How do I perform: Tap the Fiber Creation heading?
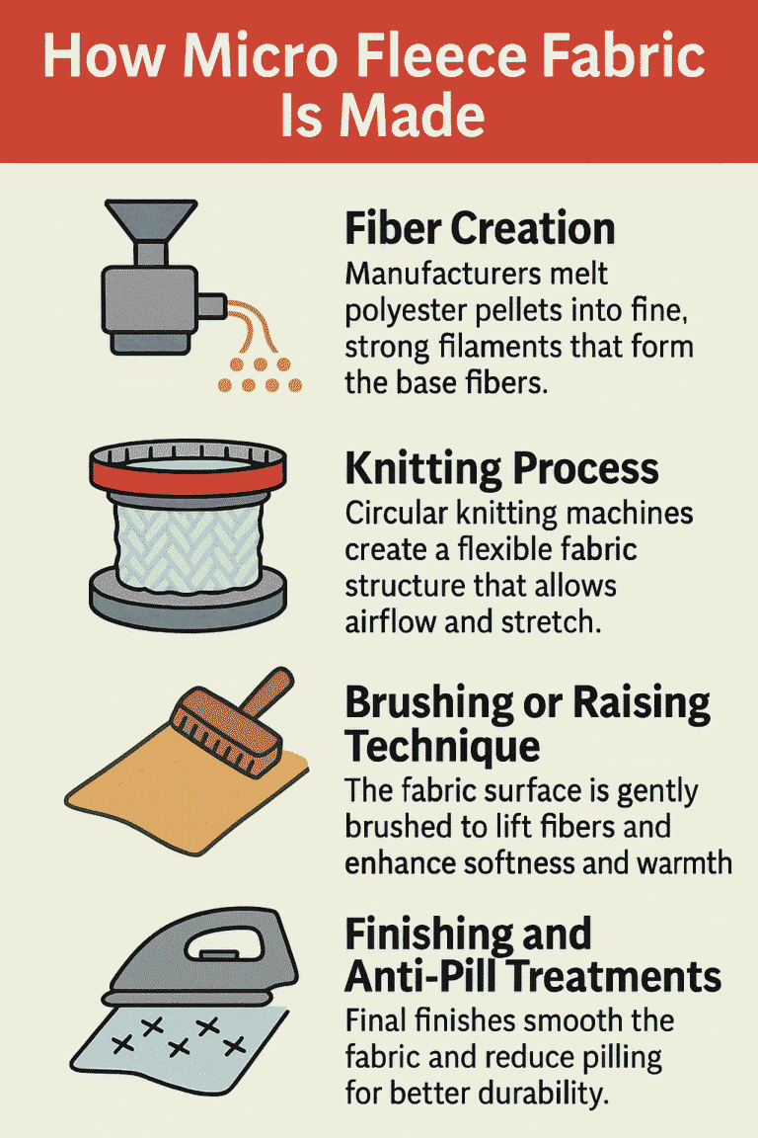480,228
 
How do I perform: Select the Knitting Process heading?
502,469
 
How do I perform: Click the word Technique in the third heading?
442,746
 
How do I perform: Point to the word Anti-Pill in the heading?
423,976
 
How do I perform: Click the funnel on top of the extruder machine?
151,220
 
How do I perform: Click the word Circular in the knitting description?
396,514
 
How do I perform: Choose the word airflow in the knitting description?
391,622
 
